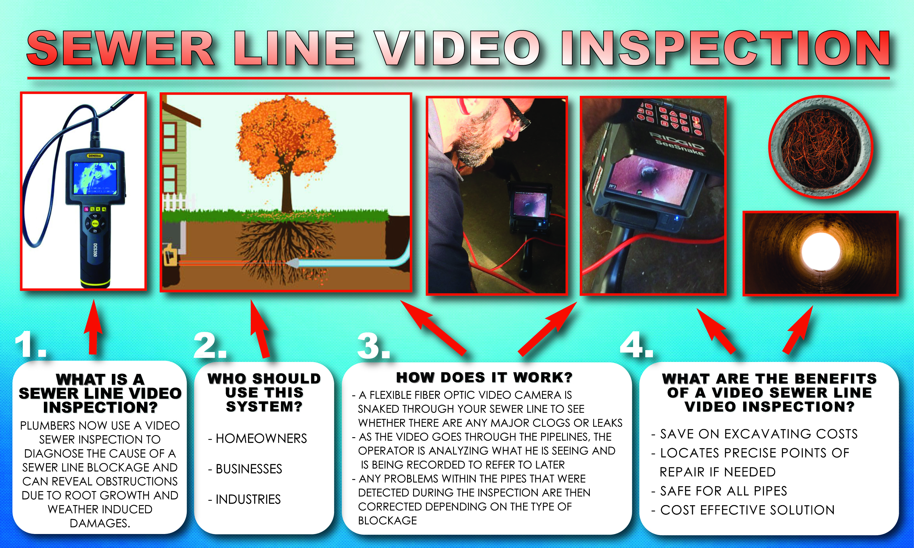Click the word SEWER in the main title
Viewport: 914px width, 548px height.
(120, 48)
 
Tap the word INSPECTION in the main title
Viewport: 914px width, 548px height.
(725, 48)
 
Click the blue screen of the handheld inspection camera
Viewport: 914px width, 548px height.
(95, 178)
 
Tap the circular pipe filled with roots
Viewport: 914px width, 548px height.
(820, 147)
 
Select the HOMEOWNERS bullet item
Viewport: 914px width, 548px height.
(258, 438)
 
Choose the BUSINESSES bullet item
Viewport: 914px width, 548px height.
(245, 469)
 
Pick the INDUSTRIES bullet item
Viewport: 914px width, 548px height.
(245, 499)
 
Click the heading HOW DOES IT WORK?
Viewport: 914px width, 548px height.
(484, 378)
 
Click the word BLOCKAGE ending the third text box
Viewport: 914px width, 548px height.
(388, 520)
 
